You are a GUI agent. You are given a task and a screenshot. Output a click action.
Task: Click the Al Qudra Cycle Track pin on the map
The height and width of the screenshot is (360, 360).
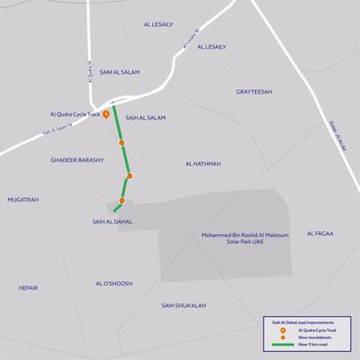(106, 114)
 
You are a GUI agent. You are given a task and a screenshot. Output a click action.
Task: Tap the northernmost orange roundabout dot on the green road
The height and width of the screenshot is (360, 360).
(121, 142)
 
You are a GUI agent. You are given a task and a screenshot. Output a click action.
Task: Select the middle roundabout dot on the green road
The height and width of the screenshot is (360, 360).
(130, 175)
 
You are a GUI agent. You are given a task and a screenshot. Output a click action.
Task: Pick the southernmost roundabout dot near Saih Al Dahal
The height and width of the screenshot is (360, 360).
(122, 201)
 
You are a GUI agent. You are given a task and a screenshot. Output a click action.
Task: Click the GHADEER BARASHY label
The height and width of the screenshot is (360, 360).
(77, 159)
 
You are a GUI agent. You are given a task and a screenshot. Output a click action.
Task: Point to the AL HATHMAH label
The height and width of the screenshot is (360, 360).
(202, 164)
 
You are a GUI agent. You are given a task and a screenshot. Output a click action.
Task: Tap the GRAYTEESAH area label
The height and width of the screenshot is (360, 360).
(255, 92)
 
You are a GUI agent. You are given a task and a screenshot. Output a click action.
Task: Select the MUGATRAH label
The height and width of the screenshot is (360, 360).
(23, 199)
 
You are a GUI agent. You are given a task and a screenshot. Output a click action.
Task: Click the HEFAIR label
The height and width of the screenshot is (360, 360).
(28, 287)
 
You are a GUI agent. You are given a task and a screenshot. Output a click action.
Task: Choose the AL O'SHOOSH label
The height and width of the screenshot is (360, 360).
(114, 283)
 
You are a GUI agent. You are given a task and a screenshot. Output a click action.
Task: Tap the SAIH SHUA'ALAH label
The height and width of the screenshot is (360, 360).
(184, 305)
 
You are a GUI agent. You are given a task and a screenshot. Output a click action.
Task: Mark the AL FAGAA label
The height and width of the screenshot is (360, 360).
(319, 233)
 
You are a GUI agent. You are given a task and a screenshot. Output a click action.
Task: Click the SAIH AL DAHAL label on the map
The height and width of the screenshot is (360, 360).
(112, 220)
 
